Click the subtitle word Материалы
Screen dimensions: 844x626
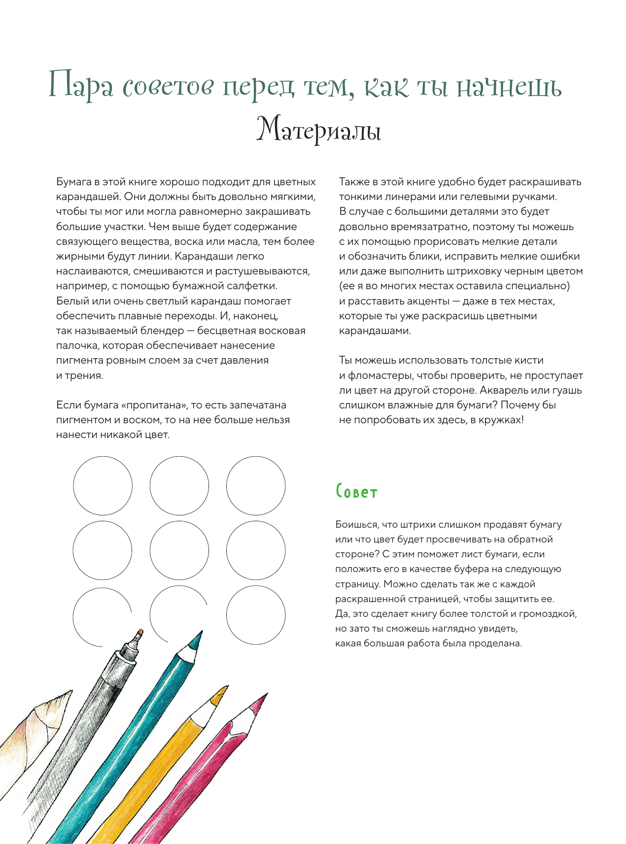tap(318, 131)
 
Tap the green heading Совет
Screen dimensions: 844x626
tap(356, 492)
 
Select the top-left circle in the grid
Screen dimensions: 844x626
tap(103, 486)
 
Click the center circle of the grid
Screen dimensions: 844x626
tap(179, 550)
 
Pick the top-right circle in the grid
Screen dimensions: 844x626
tap(256, 486)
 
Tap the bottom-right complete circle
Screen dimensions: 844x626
tap(256, 614)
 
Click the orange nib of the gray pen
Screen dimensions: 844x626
tap(140, 632)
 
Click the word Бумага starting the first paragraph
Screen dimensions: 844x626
tap(74, 182)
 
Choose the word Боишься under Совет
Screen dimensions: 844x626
tap(357, 524)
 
